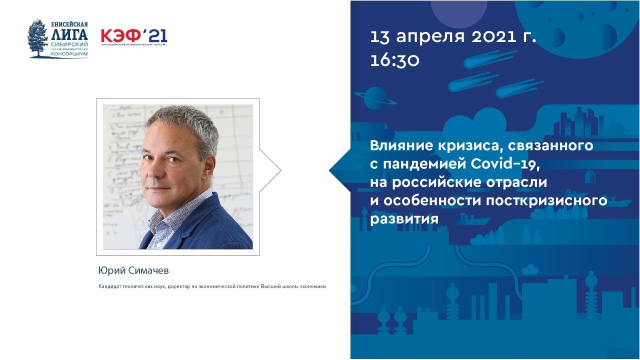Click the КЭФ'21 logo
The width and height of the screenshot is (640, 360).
(x=134, y=36)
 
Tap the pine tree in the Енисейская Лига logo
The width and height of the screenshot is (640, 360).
(x=38, y=39)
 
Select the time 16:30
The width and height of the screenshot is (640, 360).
(x=395, y=60)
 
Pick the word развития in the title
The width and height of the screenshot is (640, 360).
(x=404, y=219)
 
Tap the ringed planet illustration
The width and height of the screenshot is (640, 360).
(x=374, y=98)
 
